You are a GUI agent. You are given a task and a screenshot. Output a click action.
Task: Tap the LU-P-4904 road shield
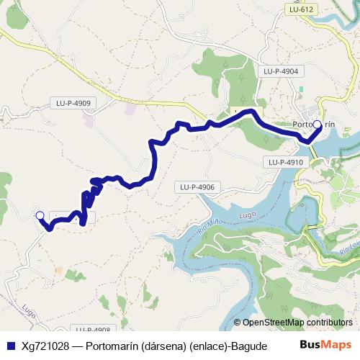[x=281, y=71]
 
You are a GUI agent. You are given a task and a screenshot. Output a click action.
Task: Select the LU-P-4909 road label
[x=73, y=103]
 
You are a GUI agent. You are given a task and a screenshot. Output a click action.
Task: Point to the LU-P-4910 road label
[x=286, y=163]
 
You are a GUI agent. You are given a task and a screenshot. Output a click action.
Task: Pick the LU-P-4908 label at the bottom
[x=92, y=329]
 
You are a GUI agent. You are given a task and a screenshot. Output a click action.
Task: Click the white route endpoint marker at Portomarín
[x=318, y=125]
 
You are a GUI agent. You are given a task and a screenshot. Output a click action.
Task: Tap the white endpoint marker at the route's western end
[x=40, y=215]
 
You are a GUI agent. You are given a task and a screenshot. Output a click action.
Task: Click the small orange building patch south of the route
[x=59, y=271]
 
